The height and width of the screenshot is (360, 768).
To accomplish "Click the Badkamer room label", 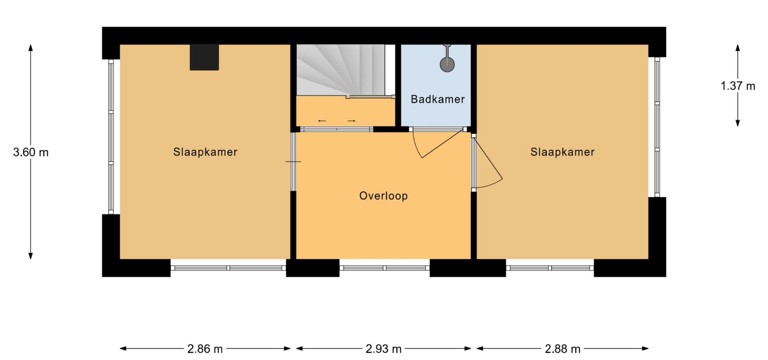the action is point(438,99).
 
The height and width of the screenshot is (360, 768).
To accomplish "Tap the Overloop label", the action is point(383,196).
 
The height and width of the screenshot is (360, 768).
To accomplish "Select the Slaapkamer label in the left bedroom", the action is point(205,152).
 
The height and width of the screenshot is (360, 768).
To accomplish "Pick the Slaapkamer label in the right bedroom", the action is point(562,152).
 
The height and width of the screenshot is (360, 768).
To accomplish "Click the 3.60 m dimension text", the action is point(31,152).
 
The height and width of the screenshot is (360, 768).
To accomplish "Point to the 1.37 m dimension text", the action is point(738,86).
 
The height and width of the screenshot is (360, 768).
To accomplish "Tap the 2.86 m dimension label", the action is point(205,349).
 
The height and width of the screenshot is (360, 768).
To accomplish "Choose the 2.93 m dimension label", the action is point(383,349).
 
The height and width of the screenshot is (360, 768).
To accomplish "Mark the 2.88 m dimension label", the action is point(562,349).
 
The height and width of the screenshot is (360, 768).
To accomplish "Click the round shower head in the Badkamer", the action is point(447,65).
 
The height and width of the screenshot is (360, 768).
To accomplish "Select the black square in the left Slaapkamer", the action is point(204,57).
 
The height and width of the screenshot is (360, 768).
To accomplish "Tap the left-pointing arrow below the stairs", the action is point(322,121).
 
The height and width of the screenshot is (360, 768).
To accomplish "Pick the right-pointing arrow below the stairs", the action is point(352,121).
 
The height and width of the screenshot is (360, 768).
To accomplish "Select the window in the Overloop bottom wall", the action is point(384,268).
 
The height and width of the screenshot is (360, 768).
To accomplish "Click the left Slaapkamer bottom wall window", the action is point(228,268).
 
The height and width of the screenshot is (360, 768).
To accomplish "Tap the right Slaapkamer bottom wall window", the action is point(550,268).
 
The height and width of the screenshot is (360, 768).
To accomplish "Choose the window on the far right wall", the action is point(657,127).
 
